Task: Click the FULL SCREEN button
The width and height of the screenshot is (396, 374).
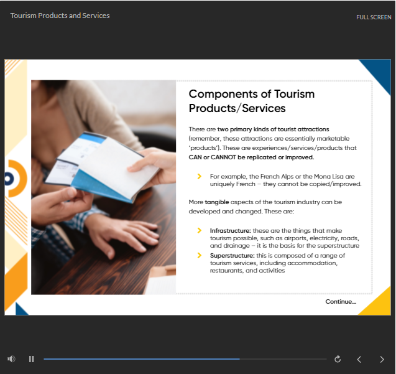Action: pos(374,17)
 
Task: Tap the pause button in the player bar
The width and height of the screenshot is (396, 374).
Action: pos(31,359)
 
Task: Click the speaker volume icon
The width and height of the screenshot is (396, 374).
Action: pos(11,359)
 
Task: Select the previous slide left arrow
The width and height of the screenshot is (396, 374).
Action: pos(359,359)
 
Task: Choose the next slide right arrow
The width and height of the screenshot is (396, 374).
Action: pos(382,359)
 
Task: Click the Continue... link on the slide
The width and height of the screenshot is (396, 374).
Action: pos(341,302)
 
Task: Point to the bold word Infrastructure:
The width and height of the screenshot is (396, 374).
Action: pos(230,231)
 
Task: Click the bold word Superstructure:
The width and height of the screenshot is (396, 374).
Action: pos(233,256)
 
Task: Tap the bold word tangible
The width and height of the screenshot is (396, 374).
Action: pos(217,202)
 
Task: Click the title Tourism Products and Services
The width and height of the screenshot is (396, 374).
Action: pos(60,16)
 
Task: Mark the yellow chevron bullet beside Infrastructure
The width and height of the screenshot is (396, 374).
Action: pos(200,230)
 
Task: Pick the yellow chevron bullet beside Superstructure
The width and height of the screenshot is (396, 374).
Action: pos(200,255)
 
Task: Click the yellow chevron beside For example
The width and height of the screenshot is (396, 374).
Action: pos(200,176)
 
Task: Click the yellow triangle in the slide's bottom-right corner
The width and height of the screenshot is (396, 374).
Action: pos(378,304)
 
